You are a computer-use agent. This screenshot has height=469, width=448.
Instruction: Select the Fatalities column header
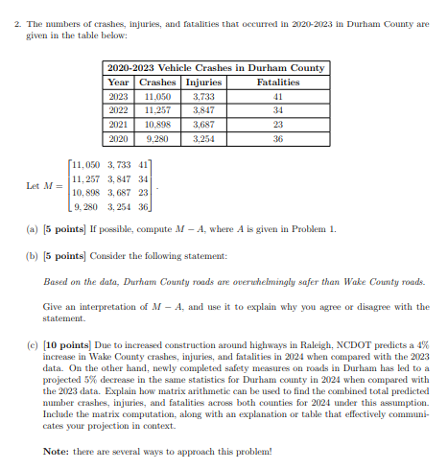click(276, 82)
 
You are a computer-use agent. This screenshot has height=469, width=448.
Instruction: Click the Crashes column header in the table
click(155, 82)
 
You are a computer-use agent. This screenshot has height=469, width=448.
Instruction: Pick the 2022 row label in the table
click(118, 110)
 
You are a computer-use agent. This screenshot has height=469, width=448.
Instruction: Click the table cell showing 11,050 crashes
click(155, 97)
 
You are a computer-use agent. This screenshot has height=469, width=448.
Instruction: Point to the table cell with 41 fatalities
click(276, 97)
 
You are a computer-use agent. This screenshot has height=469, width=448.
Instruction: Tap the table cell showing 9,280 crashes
click(155, 138)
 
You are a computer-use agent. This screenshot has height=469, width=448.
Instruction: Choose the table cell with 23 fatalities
click(276, 125)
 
